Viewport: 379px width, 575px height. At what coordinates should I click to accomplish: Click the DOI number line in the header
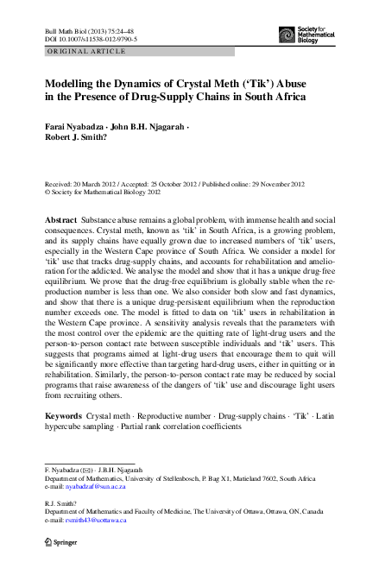pos(85,40)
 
